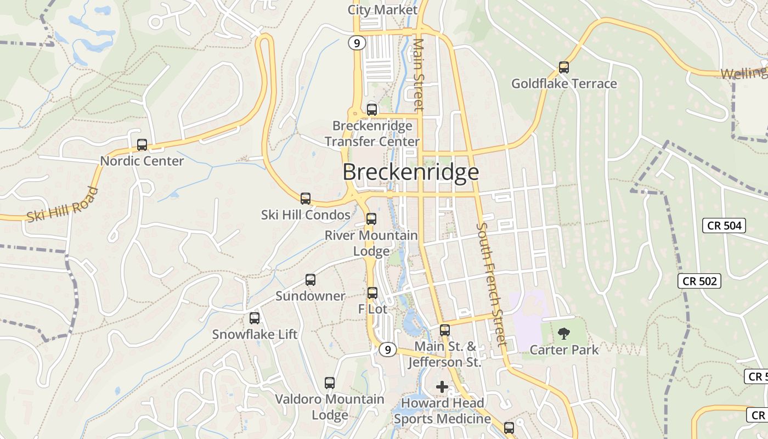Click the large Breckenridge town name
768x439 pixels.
pyautogui.click(x=411, y=172)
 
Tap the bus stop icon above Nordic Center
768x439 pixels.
pyautogui.click(x=142, y=145)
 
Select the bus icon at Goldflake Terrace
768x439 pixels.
pyautogui.click(x=563, y=67)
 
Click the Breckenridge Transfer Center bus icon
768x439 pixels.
pyautogui.click(x=372, y=109)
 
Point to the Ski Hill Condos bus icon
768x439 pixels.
pyautogui.click(x=306, y=199)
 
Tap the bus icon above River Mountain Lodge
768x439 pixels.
pyautogui.click(x=371, y=219)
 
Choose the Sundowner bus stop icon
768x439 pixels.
pyautogui.click(x=310, y=280)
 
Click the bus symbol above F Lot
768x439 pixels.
pyautogui.click(x=372, y=293)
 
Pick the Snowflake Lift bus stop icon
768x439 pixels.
pyautogui.click(x=255, y=318)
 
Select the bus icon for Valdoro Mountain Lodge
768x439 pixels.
pyautogui.click(x=329, y=383)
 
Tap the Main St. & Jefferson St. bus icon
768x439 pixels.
pyautogui.click(x=445, y=330)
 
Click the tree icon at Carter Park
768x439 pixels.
pyautogui.click(x=563, y=334)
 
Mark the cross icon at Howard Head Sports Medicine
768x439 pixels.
pyautogui.click(x=442, y=387)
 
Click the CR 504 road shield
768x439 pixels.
pyautogui.click(x=724, y=225)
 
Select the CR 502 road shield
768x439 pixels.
pyautogui.click(x=699, y=281)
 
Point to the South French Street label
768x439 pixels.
pyautogui.click(x=490, y=284)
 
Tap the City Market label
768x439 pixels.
pyautogui.click(x=382, y=10)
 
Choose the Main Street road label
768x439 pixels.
pyautogui.click(x=419, y=75)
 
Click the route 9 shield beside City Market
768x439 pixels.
pyautogui.click(x=357, y=43)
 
